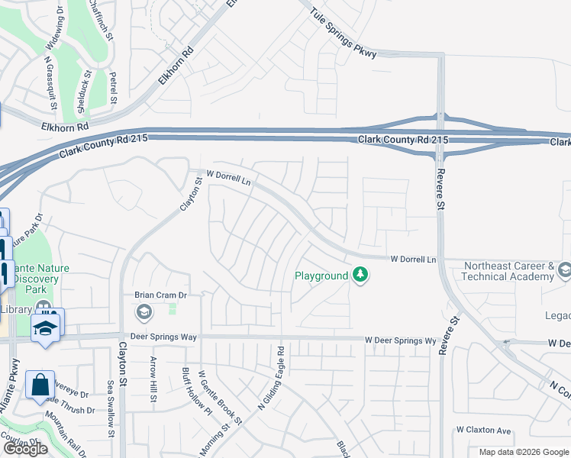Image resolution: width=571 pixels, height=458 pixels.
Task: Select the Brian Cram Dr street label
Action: [161, 295]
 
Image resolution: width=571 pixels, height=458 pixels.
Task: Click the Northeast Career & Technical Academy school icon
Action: [564, 269]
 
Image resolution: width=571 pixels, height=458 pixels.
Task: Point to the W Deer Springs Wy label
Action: [399, 340]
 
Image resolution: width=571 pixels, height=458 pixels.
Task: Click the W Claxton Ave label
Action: [482, 430]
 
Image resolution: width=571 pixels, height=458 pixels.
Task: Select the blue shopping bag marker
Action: [40, 385]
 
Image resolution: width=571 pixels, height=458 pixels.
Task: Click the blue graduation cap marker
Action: [46, 327]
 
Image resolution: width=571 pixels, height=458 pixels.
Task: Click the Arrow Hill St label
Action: [153, 379]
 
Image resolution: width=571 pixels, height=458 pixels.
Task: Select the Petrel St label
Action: [113, 88]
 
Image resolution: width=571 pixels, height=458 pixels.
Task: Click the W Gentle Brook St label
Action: [220, 398]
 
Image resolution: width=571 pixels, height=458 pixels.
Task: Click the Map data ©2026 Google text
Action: [523, 452]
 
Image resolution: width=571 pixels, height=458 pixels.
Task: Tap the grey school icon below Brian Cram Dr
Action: [144, 311]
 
